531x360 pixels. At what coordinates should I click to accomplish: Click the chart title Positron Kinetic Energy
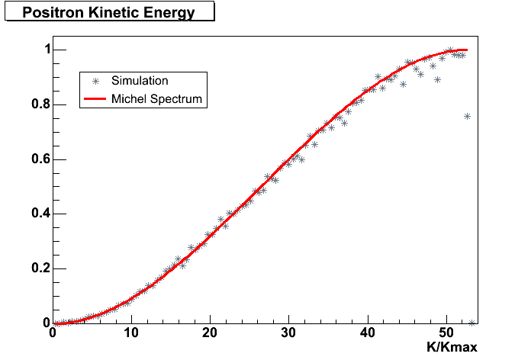point(108,13)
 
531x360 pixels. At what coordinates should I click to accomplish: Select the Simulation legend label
point(140,80)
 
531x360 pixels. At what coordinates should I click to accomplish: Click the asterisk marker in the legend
point(95,80)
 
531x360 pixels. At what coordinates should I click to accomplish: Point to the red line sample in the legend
point(95,98)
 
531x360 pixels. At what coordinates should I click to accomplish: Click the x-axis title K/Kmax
point(453,348)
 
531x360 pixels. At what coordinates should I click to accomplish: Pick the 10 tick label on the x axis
point(131,333)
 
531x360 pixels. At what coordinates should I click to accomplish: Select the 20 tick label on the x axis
point(210,333)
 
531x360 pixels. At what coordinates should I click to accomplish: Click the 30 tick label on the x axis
point(288,333)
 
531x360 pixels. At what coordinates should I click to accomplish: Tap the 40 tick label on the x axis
point(367,333)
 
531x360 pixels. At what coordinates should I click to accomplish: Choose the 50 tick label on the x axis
point(446,333)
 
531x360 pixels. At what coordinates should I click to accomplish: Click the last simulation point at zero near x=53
point(471,323)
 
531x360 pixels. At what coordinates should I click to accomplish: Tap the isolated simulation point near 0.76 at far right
point(467,116)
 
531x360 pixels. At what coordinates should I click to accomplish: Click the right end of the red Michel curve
point(467,50)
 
